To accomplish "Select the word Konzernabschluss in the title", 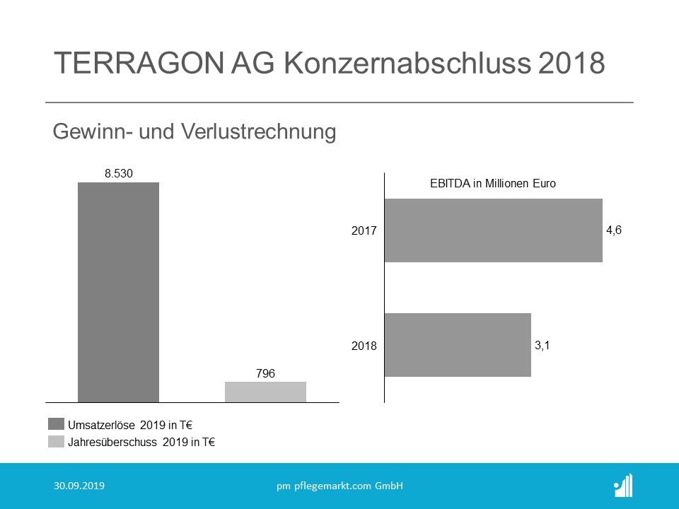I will coord(403,63).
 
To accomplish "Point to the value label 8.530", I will coord(119,172).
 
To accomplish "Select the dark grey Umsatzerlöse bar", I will coord(119,292).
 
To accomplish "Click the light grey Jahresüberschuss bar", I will coord(265,392).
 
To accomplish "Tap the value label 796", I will coord(265,373).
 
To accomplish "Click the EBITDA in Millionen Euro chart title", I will coord(493,184).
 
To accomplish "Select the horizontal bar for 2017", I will coord(493,230).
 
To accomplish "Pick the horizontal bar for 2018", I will coord(458,344).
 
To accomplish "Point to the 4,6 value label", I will coord(613,230).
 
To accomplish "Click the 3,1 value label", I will coord(542,345).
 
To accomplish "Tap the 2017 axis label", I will coord(364,230).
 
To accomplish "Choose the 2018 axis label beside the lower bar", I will coord(364,346).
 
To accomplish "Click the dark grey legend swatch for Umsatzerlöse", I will coord(56,425).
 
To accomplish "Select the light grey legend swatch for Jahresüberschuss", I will coord(56,442).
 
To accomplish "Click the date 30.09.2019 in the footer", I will coord(79,486).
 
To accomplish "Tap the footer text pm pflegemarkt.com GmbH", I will coord(339,486).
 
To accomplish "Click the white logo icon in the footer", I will coord(623,486).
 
